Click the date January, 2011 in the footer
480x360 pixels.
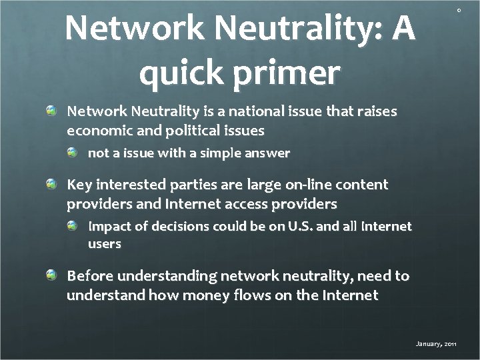click(x=436, y=344)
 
